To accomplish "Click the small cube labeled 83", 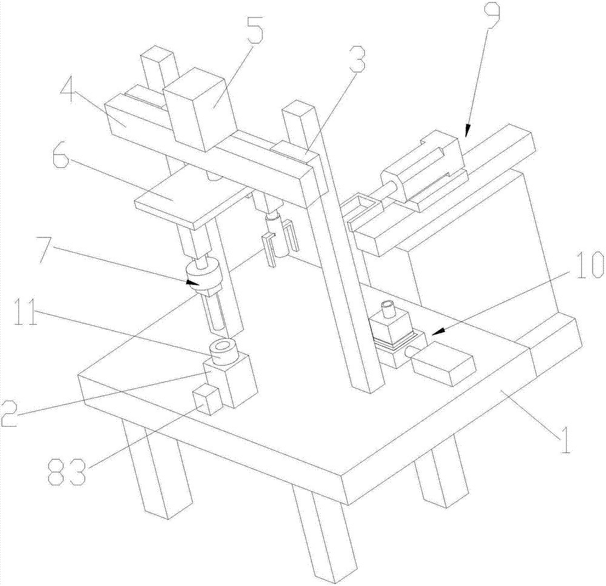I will (x=206, y=401).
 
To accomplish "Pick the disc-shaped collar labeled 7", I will (x=203, y=276).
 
